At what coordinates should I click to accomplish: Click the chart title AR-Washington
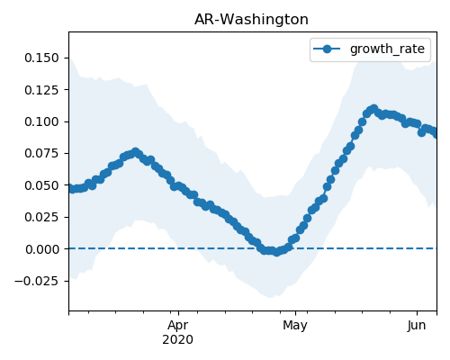click(x=251, y=20)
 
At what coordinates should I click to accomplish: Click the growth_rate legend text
click(x=387, y=49)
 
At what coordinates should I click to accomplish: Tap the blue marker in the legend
click(x=327, y=49)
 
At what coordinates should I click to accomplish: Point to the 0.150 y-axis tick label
click(x=41, y=58)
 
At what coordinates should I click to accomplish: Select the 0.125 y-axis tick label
click(x=41, y=90)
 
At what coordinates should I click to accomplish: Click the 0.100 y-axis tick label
click(x=41, y=121)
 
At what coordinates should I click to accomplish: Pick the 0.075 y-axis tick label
click(x=41, y=153)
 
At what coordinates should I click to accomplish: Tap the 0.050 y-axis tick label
click(x=41, y=185)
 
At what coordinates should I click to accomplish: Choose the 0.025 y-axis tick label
click(x=41, y=217)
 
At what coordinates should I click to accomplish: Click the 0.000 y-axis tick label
click(x=41, y=249)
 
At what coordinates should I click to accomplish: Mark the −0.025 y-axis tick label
click(x=37, y=281)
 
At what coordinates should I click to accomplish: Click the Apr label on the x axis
click(x=178, y=326)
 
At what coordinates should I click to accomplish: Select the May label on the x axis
click(x=295, y=326)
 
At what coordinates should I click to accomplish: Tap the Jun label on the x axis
click(x=417, y=326)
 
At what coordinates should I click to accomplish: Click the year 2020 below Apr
click(x=178, y=339)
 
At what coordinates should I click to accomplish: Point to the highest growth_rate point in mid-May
click(x=373, y=109)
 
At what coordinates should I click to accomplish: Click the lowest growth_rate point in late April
click(x=276, y=252)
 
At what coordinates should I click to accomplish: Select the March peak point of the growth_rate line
click(x=136, y=152)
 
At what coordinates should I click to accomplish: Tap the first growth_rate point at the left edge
click(x=72, y=189)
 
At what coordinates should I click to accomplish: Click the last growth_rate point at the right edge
click(x=435, y=134)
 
